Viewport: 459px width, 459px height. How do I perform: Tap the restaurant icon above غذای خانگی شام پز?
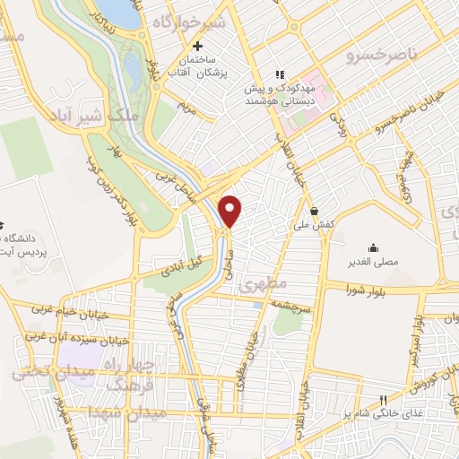382,400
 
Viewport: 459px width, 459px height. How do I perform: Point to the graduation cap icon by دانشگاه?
3,223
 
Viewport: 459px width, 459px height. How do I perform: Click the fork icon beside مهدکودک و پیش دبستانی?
279,74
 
